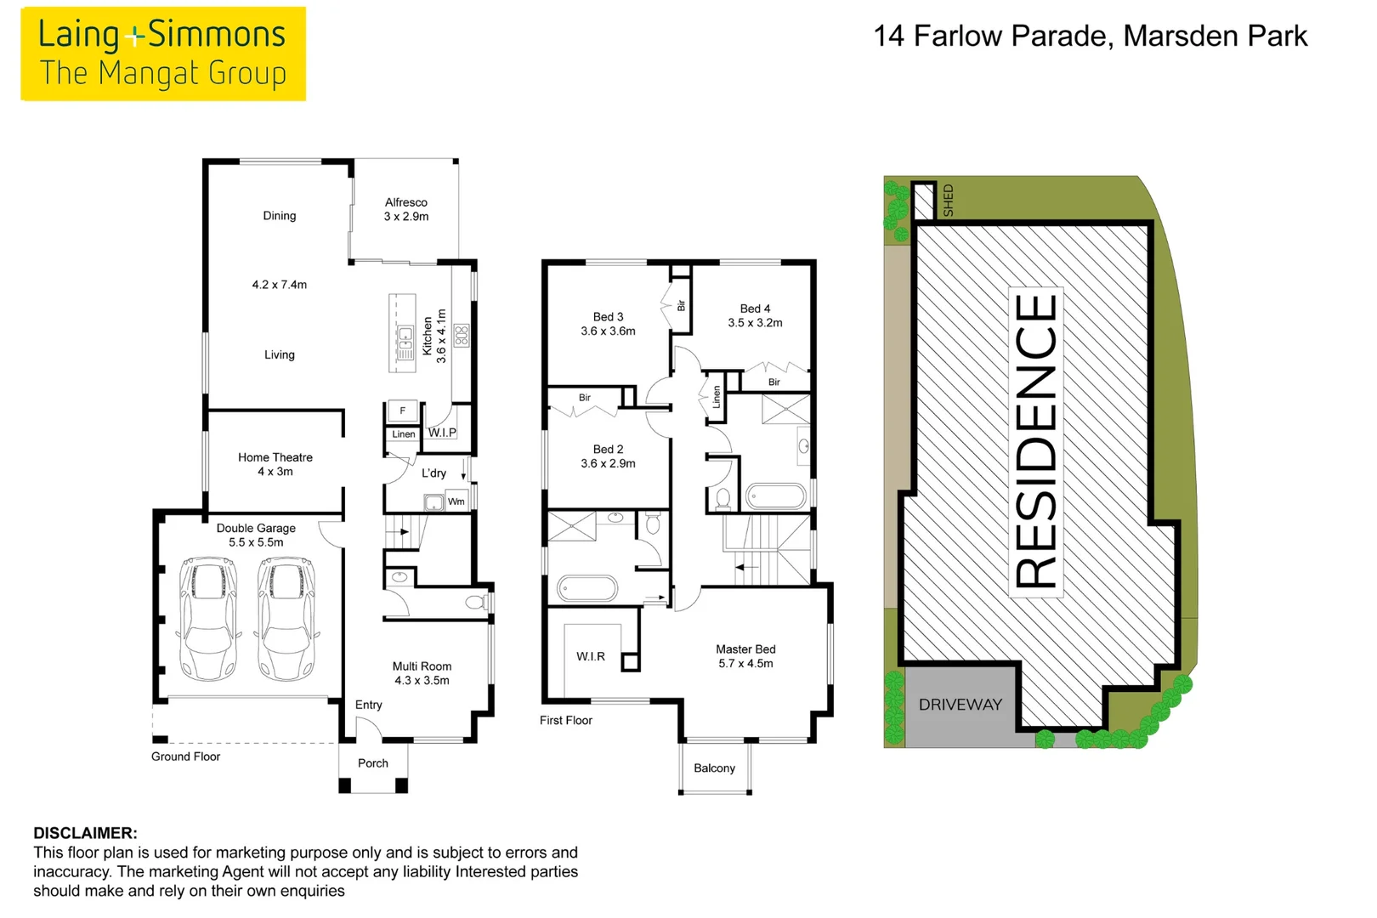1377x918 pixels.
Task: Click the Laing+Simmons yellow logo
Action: click(162, 54)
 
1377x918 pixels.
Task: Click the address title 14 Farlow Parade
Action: click(1090, 36)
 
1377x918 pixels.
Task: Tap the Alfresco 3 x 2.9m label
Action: click(405, 209)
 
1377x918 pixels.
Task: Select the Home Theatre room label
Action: click(275, 457)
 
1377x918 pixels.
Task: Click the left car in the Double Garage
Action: click(207, 618)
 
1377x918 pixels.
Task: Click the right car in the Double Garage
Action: click(286, 618)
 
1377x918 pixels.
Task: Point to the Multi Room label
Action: click(422, 666)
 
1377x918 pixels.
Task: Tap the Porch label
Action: click(372, 763)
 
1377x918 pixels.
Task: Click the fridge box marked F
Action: click(402, 411)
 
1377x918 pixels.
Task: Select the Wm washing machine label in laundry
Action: click(456, 501)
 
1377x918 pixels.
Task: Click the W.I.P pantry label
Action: click(442, 433)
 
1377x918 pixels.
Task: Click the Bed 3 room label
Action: click(608, 317)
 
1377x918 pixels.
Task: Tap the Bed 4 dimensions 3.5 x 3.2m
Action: click(755, 323)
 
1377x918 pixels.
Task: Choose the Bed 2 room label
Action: click(608, 449)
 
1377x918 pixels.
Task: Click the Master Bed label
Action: click(745, 649)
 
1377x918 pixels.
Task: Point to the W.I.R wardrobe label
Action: click(590, 656)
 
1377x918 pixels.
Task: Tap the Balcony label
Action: click(714, 768)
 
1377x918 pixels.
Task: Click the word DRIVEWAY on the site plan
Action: click(960, 705)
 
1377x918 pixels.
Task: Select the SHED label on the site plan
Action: click(948, 201)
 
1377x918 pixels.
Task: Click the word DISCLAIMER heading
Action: click(85, 833)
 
